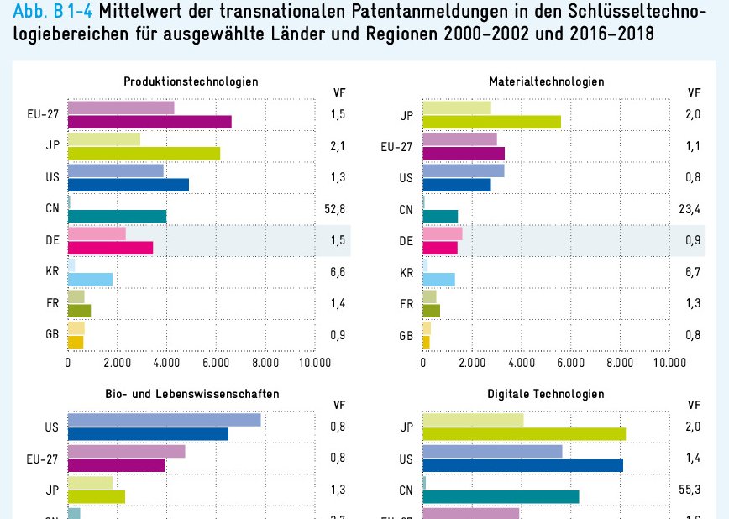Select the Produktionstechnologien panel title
tap(191, 81)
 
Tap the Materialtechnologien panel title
tap(546, 81)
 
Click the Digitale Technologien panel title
tap(545, 394)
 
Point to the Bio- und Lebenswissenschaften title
tap(192, 394)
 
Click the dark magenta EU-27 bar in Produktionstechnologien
tap(149, 122)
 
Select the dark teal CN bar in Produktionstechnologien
tap(117, 216)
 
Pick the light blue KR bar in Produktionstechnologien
tap(90, 279)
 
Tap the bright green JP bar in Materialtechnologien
tap(491, 122)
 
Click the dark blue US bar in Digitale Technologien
tap(522, 465)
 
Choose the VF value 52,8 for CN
tap(335, 209)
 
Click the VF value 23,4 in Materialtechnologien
tap(690, 209)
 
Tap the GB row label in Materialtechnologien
tap(406, 335)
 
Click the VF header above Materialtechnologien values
tap(694, 93)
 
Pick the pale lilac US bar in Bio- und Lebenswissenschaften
tap(164, 420)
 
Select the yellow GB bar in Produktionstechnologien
tap(76, 342)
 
